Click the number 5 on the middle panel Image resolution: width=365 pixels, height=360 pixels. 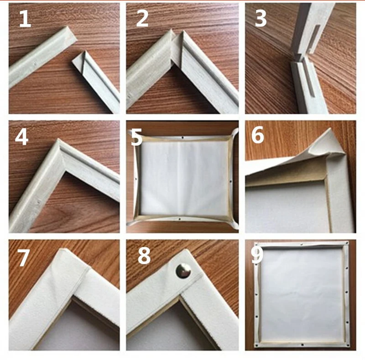(136, 137)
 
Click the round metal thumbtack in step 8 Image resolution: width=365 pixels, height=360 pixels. (183, 271)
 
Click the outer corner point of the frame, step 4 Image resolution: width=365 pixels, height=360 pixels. (58, 142)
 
